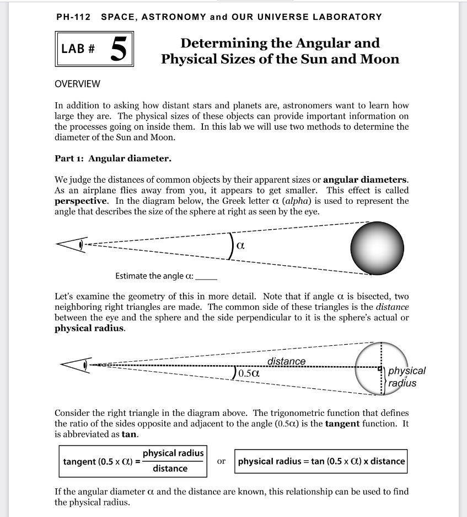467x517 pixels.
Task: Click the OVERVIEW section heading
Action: coord(77,84)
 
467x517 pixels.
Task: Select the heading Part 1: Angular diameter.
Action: coord(113,159)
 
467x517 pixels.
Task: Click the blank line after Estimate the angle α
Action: coord(207,276)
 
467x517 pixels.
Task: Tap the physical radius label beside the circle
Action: coord(406,377)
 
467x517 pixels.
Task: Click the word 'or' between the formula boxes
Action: coord(221,461)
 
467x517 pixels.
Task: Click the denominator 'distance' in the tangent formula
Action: coord(170,469)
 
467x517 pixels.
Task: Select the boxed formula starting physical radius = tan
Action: coord(321,461)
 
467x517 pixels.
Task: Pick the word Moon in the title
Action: coord(374,59)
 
